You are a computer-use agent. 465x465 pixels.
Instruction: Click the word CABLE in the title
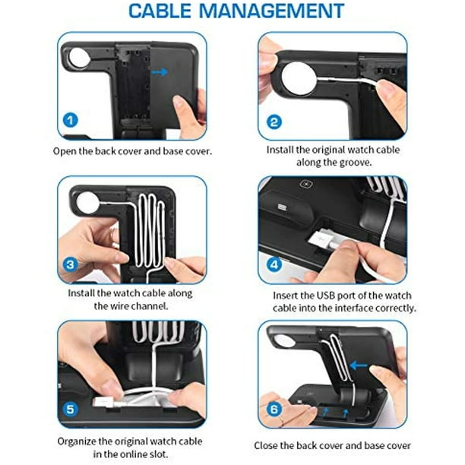coord(160,11)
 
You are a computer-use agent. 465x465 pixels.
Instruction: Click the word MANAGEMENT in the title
coord(272,11)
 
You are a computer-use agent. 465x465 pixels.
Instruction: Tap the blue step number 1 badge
coord(71,120)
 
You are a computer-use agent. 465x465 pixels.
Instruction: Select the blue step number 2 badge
coord(274,122)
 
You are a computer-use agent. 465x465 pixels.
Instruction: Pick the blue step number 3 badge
coord(71,264)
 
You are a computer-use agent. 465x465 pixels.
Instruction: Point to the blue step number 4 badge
coord(274,264)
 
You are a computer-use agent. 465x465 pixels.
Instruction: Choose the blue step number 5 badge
coord(71,410)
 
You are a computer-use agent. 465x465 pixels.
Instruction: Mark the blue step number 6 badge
coord(274,410)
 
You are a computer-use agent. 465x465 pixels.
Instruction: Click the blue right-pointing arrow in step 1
coord(160,72)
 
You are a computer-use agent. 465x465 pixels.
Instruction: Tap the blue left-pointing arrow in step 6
coord(358,365)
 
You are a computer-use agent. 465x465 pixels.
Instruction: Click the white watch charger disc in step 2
coord(299,79)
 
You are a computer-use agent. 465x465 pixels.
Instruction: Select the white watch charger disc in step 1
coord(78,57)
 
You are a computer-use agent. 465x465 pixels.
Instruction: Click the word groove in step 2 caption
coord(356,163)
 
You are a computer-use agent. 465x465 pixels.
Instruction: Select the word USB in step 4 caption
coord(326,296)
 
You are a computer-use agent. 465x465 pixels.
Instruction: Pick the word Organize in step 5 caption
coord(77,441)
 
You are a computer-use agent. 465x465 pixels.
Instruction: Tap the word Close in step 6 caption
coord(266,445)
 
